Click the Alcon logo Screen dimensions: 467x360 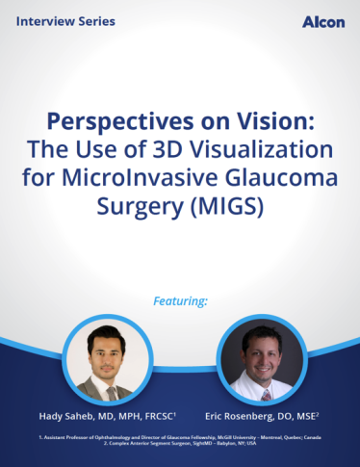[321, 20]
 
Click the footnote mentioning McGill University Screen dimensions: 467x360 [180, 438]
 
